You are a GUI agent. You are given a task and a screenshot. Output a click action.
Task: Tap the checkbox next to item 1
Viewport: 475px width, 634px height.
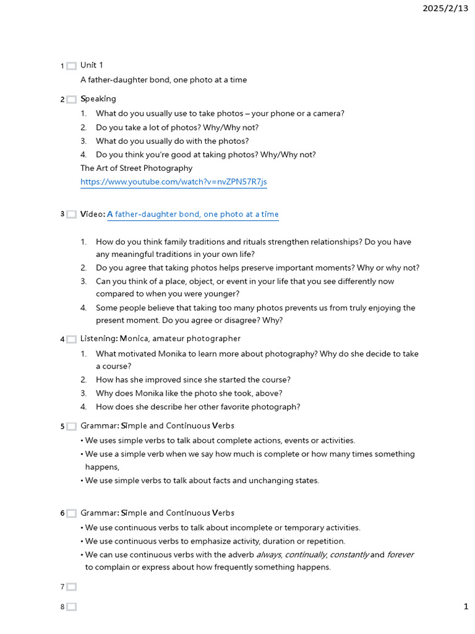72,66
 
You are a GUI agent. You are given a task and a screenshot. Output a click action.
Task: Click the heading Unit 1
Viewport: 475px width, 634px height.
92,65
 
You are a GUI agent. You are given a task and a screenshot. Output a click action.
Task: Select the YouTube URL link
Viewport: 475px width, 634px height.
174,182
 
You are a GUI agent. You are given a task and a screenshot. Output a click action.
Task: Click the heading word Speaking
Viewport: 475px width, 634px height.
98,98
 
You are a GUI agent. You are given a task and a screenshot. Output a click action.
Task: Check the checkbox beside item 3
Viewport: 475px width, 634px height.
72,215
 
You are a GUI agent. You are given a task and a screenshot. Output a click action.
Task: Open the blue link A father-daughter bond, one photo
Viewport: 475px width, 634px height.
193,214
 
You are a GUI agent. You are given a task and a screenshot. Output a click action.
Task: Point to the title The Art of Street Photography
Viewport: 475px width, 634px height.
136,168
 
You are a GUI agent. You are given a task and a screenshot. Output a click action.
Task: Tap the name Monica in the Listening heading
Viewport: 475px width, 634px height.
134,339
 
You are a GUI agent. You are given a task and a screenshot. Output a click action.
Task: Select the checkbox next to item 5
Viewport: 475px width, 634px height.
72,427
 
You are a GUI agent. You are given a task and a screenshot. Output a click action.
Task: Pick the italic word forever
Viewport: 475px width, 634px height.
400,555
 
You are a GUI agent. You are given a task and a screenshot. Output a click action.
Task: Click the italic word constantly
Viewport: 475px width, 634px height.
349,555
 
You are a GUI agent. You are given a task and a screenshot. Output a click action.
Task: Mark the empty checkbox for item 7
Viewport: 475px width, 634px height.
72,587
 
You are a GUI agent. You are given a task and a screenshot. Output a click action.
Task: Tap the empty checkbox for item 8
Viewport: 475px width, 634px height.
72,607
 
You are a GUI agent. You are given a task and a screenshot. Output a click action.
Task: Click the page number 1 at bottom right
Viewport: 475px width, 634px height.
466,607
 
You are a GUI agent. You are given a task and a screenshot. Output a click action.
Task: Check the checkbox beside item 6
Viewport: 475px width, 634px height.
72,514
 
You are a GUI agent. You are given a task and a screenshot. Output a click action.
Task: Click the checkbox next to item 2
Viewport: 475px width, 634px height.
72,100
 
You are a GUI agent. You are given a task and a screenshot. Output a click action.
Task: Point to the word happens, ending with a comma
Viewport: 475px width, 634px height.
102,467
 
